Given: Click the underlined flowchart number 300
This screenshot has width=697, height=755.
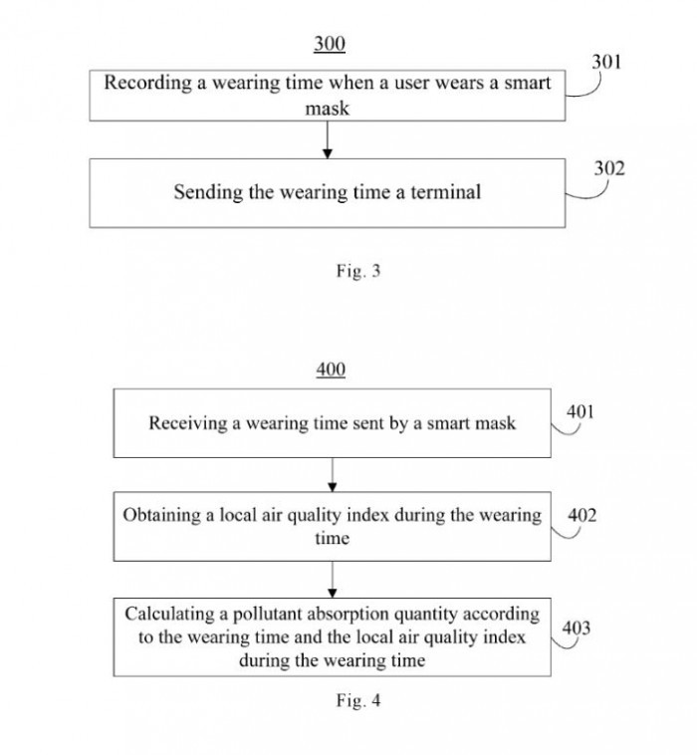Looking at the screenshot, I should (x=330, y=44).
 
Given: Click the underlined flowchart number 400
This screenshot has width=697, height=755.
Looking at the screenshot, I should (x=331, y=371).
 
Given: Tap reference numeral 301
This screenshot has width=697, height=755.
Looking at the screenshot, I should (x=606, y=62).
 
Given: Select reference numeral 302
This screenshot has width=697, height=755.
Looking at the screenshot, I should (x=609, y=168).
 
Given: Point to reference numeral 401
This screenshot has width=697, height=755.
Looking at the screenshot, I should (x=581, y=411).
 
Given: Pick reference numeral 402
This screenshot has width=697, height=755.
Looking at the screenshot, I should (x=582, y=516).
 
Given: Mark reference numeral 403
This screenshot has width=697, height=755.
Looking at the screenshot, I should (x=577, y=628).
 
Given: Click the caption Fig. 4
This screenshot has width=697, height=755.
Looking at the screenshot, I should (x=357, y=700).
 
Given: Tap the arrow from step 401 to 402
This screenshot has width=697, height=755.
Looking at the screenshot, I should (x=332, y=475).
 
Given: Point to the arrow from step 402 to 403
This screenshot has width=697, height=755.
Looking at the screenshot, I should (x=332, y=579).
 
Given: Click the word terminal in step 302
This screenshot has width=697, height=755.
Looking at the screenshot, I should (x=446, y=192).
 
